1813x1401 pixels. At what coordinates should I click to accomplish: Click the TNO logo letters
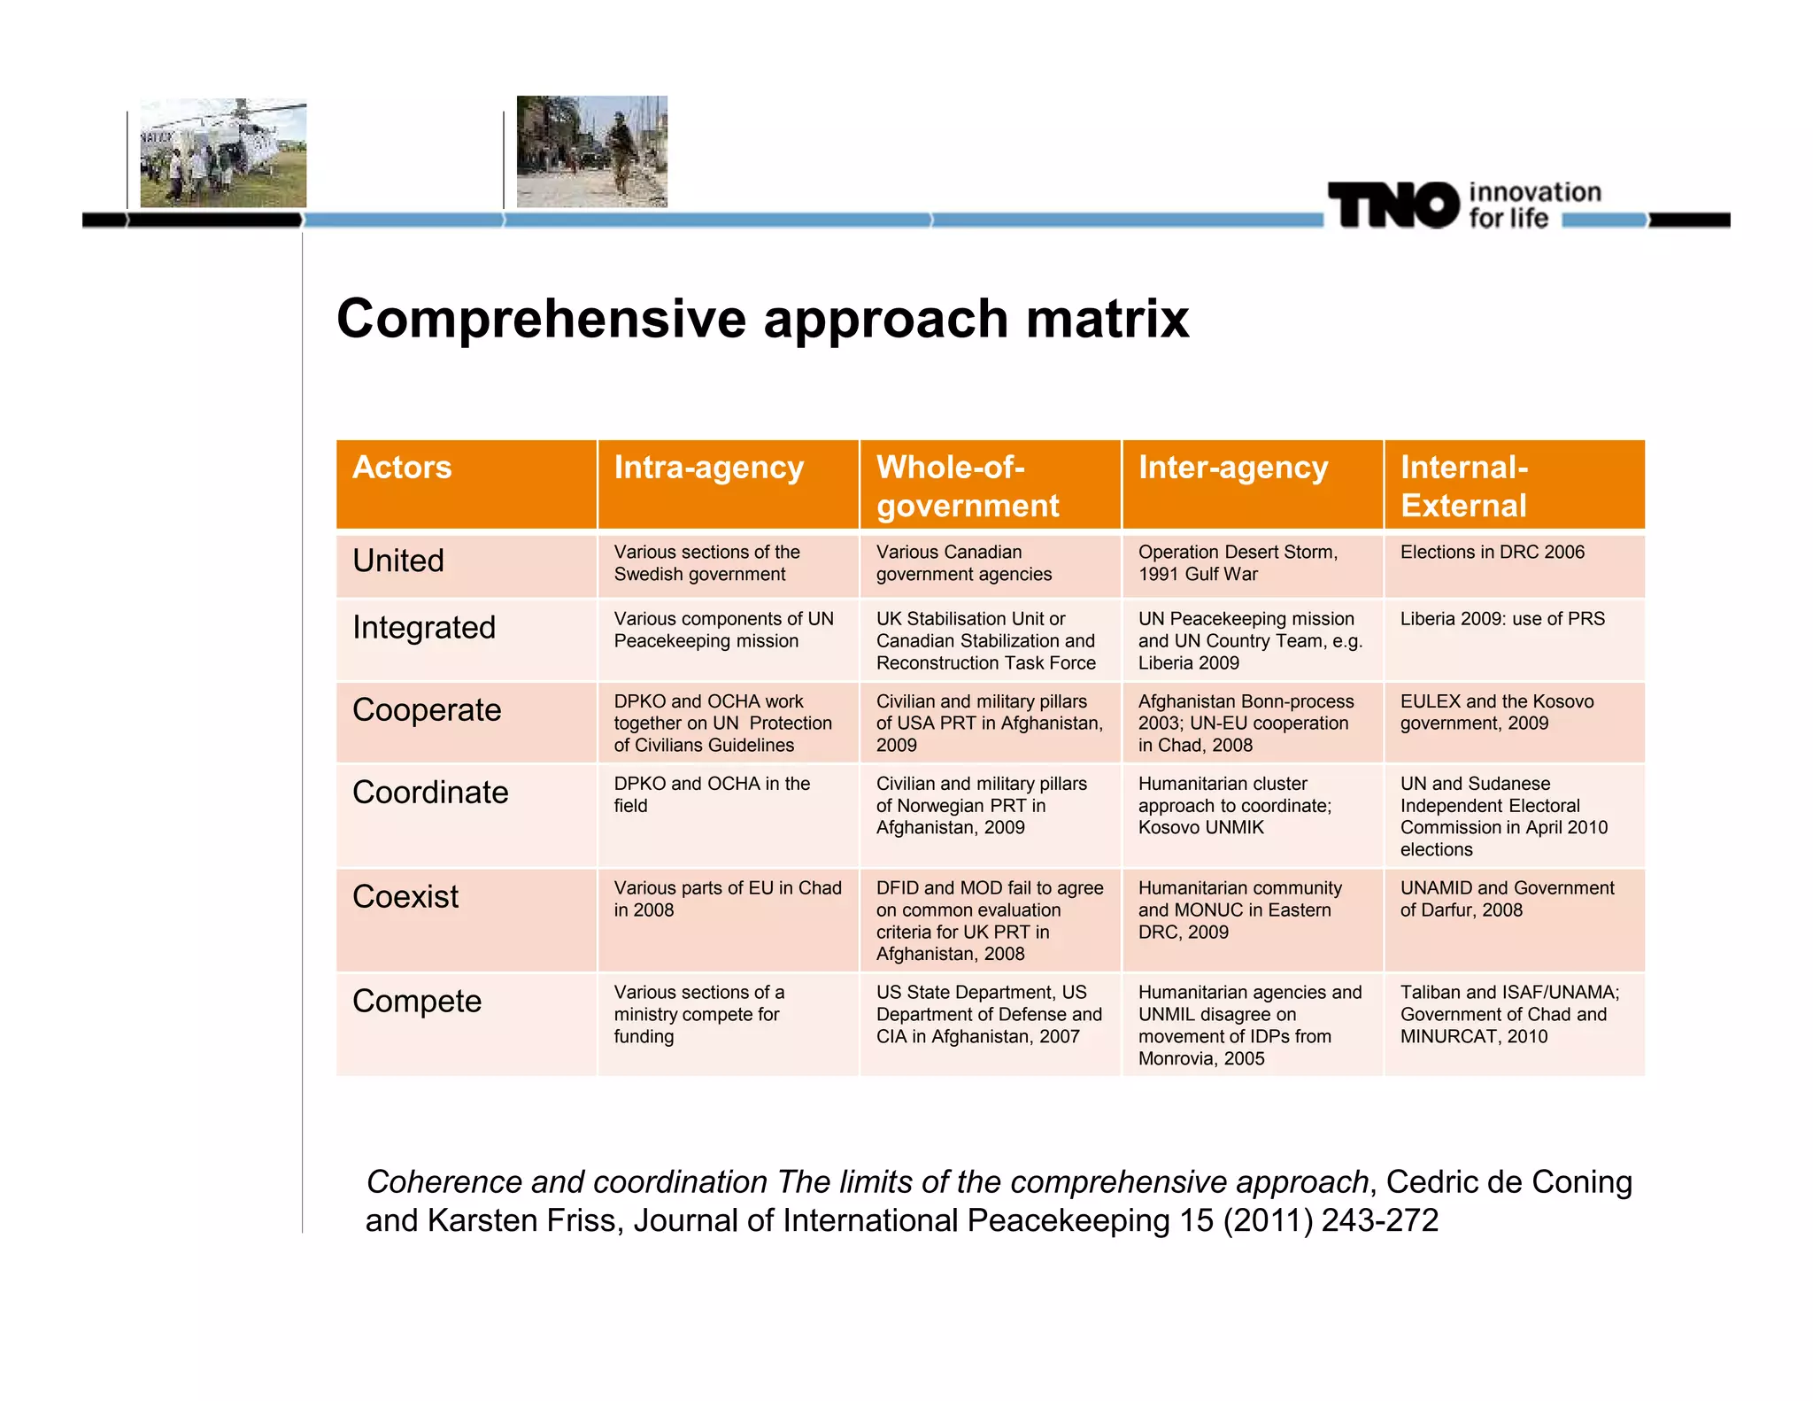[1393, 205]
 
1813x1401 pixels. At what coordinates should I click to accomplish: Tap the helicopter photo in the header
[223, 153]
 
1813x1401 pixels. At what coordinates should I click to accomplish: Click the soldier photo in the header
[591, 151]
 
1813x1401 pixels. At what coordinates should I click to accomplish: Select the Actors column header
[402, 468]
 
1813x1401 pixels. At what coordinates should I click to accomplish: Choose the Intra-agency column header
[708, 468]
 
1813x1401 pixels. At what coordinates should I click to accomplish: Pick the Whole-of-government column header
[967, 486]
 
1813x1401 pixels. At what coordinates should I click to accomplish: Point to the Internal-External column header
[1463, 486]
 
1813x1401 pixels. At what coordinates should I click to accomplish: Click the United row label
[398, 561]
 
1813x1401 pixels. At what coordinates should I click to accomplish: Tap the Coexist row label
[405, 897]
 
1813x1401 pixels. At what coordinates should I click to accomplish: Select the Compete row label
[417, 1002]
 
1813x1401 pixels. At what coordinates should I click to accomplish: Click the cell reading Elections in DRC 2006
[1492, 553]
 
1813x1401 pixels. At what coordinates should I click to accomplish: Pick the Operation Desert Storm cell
[1237, 563]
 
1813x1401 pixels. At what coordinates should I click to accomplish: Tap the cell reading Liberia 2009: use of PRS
[1501, 619]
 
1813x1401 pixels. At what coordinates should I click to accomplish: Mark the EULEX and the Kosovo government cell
[1496, 712]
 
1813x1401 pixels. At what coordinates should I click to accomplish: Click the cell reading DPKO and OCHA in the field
[711, 794]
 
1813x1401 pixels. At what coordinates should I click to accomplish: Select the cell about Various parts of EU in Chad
[727, 899]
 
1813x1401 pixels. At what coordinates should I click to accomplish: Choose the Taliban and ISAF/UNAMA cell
[1508, 1014]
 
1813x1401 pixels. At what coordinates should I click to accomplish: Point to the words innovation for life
[1533, 205]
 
